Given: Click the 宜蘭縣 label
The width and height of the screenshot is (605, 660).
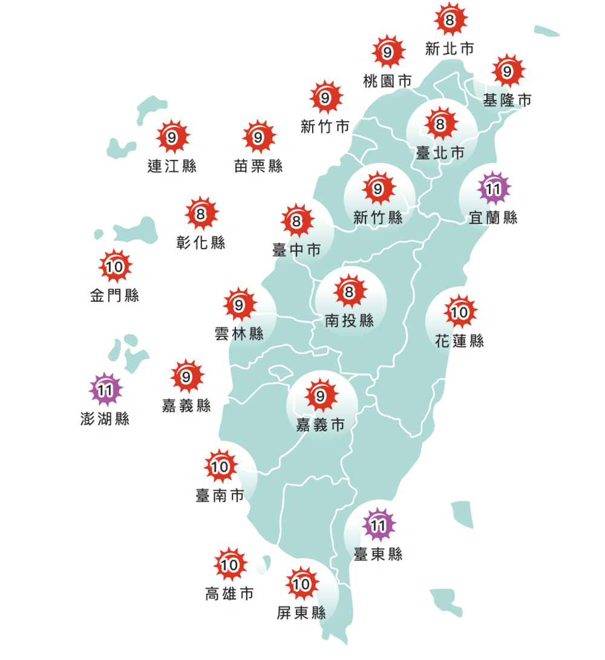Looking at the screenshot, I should pos(493,218).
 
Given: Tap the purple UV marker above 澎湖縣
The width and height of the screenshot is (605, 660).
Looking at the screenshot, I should pos(105,390).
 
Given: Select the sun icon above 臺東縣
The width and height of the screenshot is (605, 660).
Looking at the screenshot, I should pos(378,526).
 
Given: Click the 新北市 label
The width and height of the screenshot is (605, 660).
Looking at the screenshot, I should pos(450,49).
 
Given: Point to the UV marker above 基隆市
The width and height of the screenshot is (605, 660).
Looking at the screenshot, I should pos(507,71).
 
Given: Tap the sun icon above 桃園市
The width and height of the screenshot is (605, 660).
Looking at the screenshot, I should pos(388,53).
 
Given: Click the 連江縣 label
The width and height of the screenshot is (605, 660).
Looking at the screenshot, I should pos(172,166).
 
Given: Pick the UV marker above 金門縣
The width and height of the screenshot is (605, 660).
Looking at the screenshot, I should pos(114,266).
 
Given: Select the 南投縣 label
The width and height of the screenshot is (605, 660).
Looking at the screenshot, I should pos(349,321).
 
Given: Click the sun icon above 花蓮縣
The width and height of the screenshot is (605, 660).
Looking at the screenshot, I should pos(460,312).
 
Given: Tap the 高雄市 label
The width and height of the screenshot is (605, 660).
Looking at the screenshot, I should pos(229,595).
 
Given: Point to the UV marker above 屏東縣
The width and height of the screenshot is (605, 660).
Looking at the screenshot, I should pos(301,584).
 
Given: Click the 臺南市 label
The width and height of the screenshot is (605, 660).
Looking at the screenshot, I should pos(220,496).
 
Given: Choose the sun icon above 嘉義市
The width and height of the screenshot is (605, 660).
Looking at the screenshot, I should pos(321,396).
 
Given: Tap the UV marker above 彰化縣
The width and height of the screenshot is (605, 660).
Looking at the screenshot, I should pos(201,214).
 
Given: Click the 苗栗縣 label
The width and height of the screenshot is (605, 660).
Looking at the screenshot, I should pos(258,166).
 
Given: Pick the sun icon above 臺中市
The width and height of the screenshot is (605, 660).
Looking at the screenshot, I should pos(296,221).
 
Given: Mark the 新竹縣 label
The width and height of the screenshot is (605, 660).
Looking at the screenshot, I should pos(378,218).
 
